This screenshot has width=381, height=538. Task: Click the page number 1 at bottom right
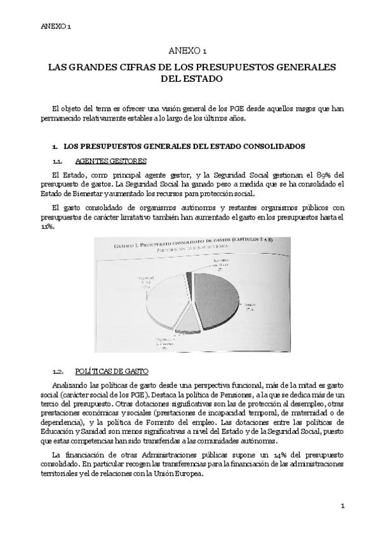coord(342,506)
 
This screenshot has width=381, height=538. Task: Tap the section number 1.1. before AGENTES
coord(57,161)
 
